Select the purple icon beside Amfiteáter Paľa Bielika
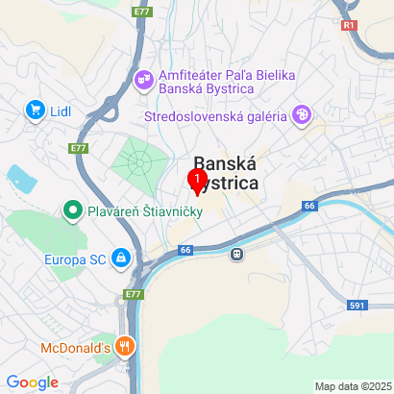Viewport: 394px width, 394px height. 144,77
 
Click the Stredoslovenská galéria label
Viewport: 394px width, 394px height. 216,117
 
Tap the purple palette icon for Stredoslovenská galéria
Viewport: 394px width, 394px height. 302,116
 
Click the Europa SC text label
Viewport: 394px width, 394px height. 76,259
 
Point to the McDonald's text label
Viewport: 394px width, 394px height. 75,348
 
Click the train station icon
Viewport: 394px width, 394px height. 236,255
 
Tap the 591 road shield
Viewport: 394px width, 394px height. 357,305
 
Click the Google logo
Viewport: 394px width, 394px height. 32,382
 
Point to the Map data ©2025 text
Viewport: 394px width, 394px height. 352,386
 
